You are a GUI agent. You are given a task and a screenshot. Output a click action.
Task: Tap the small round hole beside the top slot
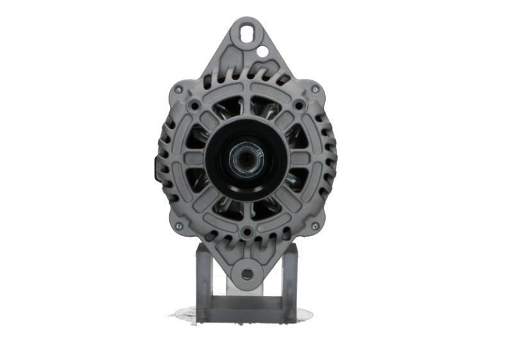click(x=262, y=49)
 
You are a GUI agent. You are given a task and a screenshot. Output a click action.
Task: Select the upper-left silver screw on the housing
click(x=178, y=90)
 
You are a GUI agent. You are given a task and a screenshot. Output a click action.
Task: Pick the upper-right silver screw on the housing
click(x=315, y=89)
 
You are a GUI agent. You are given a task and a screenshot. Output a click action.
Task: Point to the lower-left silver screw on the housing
click(x=179, y=226)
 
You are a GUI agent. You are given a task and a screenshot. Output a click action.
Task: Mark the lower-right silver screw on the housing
click(x=315, y=226)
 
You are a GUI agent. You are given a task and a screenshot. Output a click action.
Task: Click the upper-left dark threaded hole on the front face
click(x=194, y=104)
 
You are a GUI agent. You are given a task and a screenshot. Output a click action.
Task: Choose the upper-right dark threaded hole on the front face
click(x=298, y=104)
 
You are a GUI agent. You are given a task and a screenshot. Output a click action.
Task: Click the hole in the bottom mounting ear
click(x=247, y=274)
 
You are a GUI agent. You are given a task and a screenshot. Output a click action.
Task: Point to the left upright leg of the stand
click(x=203, y=282)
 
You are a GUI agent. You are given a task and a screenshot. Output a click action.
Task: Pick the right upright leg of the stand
click(x=290, y=282)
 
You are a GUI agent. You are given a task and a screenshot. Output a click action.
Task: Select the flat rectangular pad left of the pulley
click(x=193, y=158)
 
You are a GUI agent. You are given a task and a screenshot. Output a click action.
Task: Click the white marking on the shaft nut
click(x=255, y=153)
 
